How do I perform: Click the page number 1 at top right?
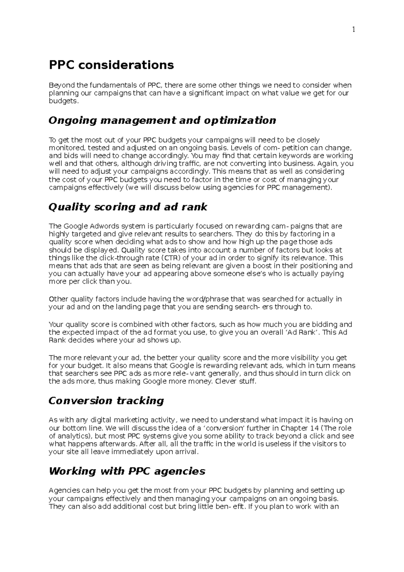[x=353, y=30]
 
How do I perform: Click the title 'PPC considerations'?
[x=111, y=65]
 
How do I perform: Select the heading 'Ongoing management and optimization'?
[x=162, y=120]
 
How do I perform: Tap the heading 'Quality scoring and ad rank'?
[x=128, y=207]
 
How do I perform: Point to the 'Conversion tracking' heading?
[x=106, y=401]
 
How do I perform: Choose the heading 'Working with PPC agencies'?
[x=127, y=471]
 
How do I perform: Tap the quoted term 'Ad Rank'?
[x=302, y=332]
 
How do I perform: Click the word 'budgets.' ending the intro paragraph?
[x=64, y=101]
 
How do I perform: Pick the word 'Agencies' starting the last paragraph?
[x=64, y=490]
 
